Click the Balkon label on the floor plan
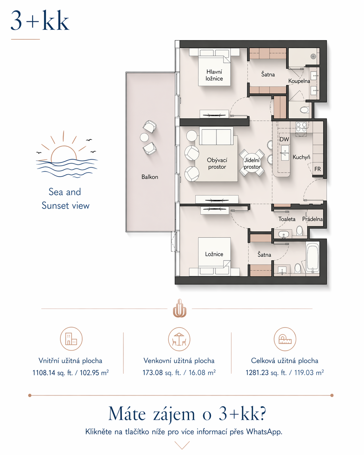coord(150,177)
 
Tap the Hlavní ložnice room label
coord(214,75)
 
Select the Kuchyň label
coord(301,157)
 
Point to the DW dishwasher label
coord(284,139)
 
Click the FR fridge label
coord(318,169)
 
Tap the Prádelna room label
coord(312,219)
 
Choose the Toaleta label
coord(287,219)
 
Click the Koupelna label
coord(299,81)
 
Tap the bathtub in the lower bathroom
coord(313,258)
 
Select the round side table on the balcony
coord(144,137)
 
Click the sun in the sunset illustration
coord(64,153)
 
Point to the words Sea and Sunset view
coord(65,199)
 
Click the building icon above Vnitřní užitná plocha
coord(71,339)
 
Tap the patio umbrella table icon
coord(179,339)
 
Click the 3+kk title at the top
coord(40,21)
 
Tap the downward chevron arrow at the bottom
coord(182,445)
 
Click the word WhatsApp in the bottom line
coord(264,432)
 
